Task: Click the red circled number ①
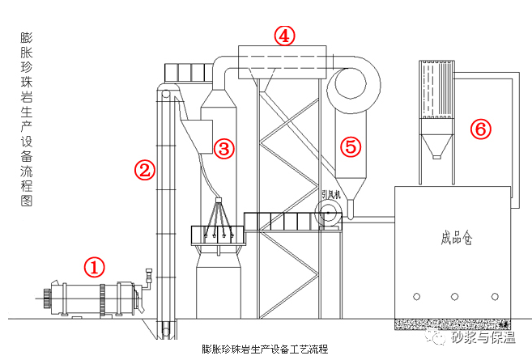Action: (x=94, y=267)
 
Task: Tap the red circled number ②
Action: (x=145, y=170)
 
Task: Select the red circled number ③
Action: (x=224, y=148)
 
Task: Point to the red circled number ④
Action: (x=284, y=36)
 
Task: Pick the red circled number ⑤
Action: (x=351, y=146)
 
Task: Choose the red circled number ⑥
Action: (x=481, y=129)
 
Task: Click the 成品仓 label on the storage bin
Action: (x=457, y=238)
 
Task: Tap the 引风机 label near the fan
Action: (x=331, y=195)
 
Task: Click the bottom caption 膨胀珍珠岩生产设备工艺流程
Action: (x=265, y=349)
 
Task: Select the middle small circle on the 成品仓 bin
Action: (x=454, y=297)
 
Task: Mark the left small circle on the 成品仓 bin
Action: (x=417, y=297)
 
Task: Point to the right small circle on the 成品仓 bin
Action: (x=495, y=297)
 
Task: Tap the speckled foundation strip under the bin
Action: (x=453, y=324)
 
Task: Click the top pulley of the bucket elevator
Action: (x=165, y=94)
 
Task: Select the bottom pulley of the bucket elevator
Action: (x=166, y=332)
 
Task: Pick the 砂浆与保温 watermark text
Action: (x=483, y=337)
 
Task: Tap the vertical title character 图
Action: (x=27, y=201)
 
